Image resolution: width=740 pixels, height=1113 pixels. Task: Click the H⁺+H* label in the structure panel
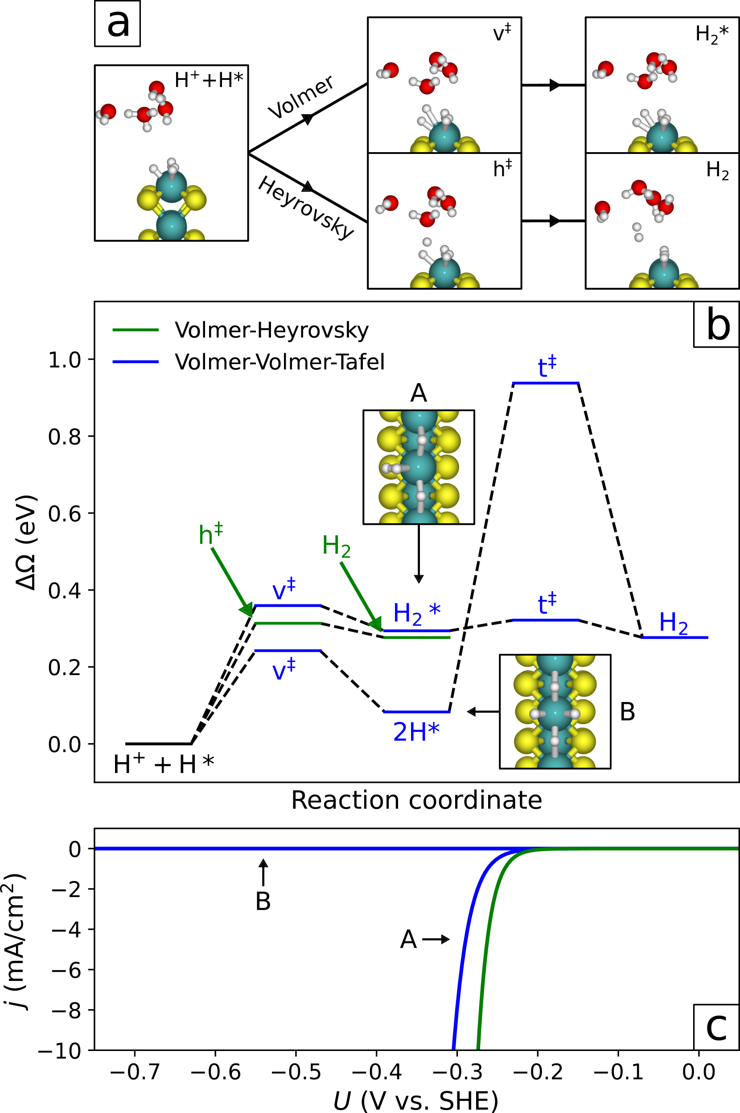(209, 80)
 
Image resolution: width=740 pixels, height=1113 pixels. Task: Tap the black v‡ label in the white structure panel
(502, 33)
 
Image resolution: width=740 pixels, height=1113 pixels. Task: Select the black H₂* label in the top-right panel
(711, 34)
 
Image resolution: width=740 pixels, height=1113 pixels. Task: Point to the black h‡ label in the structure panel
(502, 168)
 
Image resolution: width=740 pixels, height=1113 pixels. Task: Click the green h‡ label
(210, 534)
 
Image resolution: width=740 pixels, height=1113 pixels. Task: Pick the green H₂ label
(336, 546)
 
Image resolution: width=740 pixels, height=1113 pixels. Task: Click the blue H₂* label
(417, 613)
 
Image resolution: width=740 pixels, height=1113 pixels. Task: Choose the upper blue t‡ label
(547, 366)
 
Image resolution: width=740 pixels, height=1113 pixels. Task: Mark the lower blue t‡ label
(547, 604)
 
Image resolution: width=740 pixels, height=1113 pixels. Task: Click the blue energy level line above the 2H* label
(416, 712)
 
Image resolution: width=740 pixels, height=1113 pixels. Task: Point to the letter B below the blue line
(263, 902)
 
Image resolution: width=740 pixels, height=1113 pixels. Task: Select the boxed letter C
(716, 1029)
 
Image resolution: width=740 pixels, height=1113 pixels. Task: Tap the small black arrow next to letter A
(436, 939)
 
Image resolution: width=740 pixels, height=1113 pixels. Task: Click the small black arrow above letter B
(263, 872)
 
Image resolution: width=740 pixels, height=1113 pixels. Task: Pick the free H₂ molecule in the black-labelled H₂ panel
(637, 232)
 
